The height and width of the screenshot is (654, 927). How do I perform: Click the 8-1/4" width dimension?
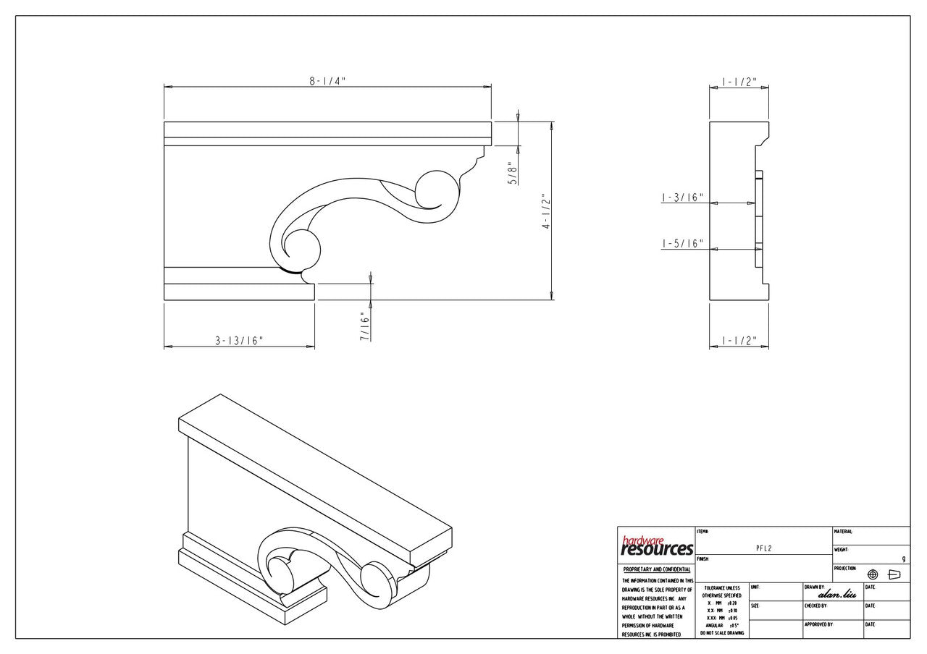[327, 81]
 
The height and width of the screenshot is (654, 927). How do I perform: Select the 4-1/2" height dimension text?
[547, 214]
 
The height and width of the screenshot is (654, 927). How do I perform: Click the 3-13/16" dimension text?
[239, 341]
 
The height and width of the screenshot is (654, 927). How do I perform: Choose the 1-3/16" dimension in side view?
[682, 198]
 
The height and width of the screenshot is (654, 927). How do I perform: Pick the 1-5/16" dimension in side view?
[682, 244]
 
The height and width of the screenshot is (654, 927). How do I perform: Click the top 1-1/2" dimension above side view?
[739, 81]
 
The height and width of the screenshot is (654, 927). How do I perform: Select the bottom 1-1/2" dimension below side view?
[739, 341]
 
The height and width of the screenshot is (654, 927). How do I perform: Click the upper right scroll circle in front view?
[437, 191]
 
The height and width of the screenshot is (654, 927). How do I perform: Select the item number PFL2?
[763, 548]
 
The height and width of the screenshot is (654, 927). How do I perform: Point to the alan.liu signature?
[837, 594]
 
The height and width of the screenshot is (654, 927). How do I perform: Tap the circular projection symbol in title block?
[873, 574]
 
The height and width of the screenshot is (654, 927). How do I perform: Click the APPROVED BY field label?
[818, 624]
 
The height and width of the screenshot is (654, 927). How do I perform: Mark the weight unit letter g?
[904, 559]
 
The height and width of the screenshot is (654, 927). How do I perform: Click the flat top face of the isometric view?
[319, 470]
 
